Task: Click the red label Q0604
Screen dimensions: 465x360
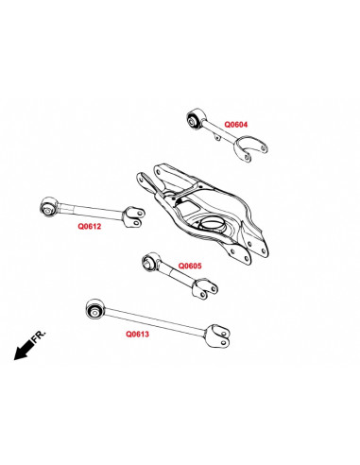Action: coord(235,124)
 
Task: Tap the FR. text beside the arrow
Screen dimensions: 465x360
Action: coord(38,336)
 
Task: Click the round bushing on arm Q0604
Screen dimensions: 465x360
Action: coord(195,120)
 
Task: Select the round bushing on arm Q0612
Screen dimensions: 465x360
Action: coord(50,204)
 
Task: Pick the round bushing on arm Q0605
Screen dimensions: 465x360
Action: coord(149,260)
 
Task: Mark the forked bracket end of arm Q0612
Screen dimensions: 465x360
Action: coord(136,215)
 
